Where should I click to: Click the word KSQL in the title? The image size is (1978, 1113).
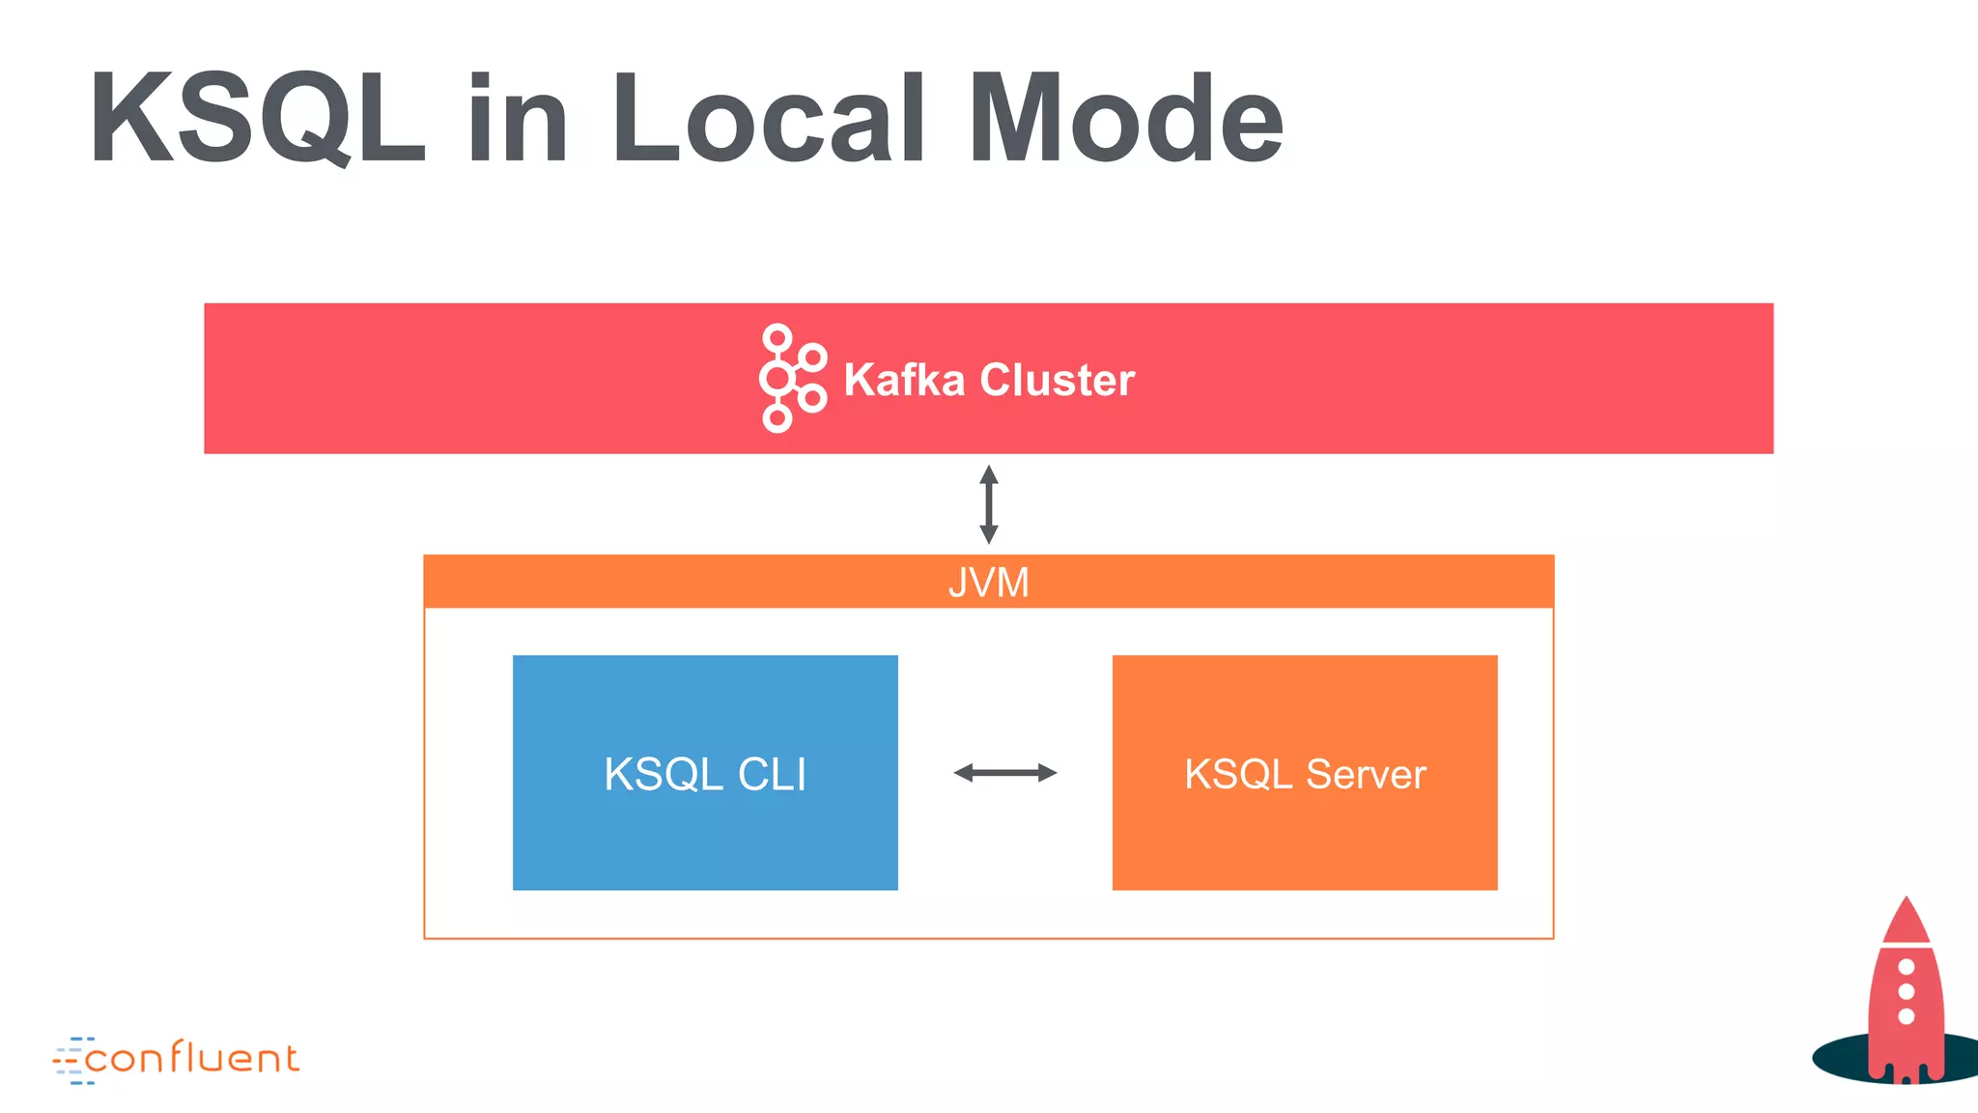point(257,120)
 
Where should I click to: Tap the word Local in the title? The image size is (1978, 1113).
point(769,120)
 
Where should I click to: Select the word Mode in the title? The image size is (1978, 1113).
point(1126,120)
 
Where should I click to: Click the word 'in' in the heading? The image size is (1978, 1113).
point(518,120)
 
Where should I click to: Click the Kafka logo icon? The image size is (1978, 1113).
point(791,378)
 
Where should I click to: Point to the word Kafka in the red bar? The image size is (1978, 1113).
point(904,380)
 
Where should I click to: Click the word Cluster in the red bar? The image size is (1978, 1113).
point(1057,380)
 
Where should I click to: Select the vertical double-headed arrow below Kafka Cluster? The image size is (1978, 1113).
point(988,504)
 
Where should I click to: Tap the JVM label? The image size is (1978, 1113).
point(988,583)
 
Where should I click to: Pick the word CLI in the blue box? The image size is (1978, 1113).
point(772,774)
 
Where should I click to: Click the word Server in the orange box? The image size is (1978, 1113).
point(1366,774)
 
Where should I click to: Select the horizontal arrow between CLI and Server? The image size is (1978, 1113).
point(1004,772)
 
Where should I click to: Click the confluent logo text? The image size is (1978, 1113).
point(192,1059)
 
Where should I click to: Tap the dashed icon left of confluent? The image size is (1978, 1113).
point(70,1061)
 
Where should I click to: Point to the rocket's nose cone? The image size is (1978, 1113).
point(1906,919)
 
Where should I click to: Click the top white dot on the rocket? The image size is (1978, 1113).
point(1906,967)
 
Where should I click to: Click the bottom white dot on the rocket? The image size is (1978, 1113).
point(1906,1016)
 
